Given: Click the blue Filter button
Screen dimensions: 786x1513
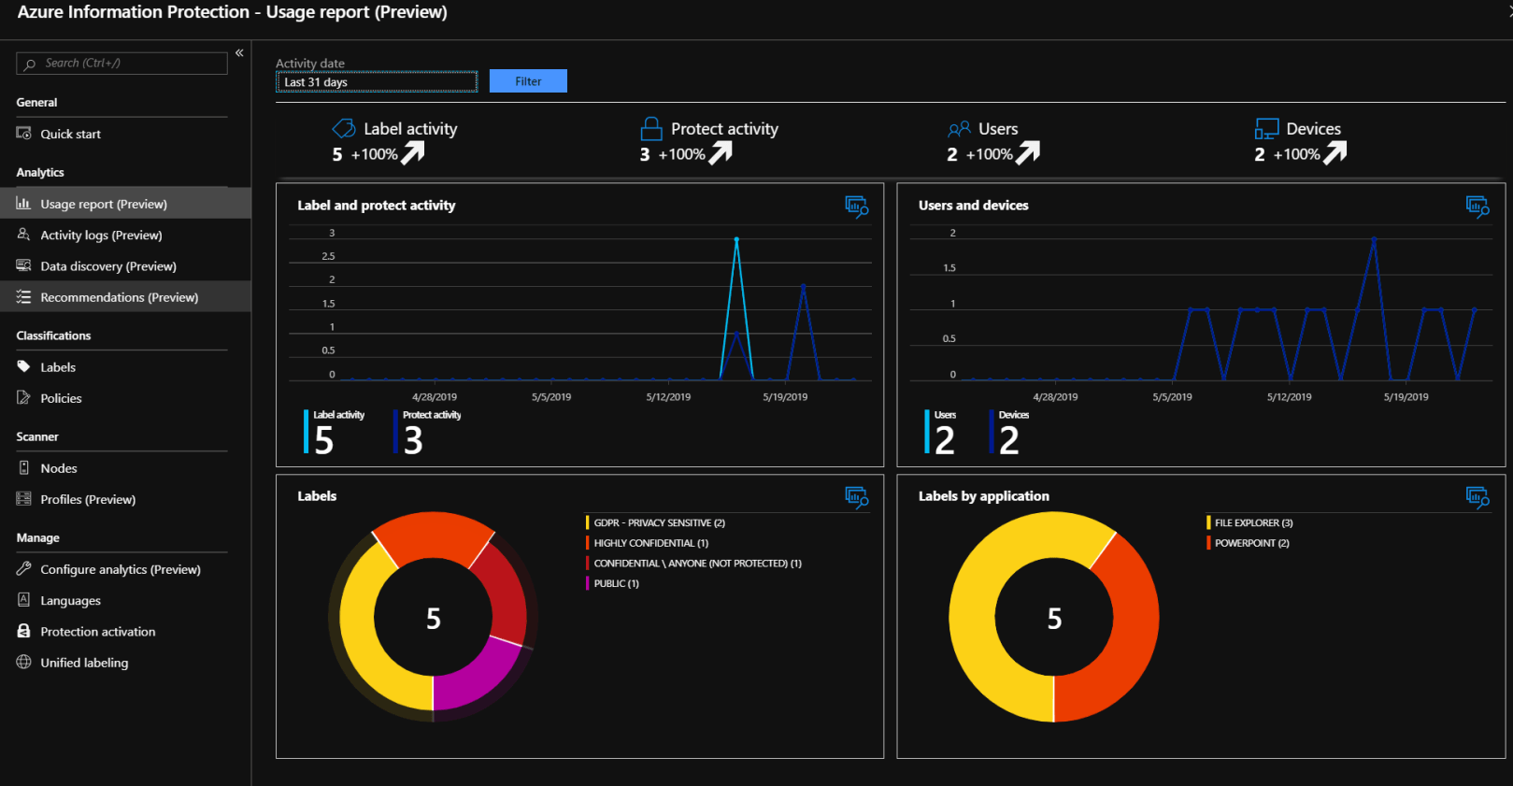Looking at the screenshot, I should (x=528, y=81).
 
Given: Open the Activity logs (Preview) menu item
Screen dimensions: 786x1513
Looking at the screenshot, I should (x=101, y=236).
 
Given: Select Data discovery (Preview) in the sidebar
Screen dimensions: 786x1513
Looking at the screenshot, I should (x=108, y=266).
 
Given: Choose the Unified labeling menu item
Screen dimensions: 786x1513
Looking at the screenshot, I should (x=84, y=663).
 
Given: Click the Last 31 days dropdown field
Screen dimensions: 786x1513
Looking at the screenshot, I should (x=376, y=82).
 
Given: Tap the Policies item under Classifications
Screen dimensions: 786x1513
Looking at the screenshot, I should (x=61, y=398).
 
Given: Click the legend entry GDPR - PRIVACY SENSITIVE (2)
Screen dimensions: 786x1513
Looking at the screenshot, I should (x=659, y=523).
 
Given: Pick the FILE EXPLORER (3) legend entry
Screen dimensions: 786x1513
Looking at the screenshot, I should (x=1252, y=523).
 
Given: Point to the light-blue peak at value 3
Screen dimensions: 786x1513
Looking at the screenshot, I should (x=736, y=240).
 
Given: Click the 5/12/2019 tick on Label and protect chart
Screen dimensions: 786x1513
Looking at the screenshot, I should (x=668, y=397).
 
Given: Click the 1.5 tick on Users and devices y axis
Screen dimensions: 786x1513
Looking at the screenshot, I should (x=949, y=268).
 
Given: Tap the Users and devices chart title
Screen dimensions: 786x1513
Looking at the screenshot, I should (x=973, y=206).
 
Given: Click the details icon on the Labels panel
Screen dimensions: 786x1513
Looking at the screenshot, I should (x=856, y=497).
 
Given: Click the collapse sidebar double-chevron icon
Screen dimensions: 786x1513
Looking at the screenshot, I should (x=239, y=53).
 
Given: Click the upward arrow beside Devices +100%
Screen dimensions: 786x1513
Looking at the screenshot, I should (x=1335, y=152).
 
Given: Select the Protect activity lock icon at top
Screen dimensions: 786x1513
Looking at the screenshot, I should (x=651, y=128).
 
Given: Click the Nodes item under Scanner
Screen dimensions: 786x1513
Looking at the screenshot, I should (x=59, y=468).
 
